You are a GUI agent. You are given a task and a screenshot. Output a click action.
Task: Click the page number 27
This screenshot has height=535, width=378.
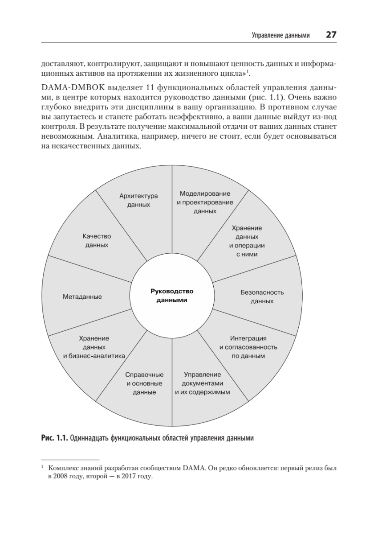331,35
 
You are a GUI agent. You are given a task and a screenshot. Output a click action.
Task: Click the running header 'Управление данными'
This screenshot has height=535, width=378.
280,35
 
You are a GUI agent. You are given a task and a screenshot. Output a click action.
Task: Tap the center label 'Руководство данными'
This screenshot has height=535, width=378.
172,296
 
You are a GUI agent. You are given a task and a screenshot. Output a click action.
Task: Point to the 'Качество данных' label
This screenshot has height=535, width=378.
97,241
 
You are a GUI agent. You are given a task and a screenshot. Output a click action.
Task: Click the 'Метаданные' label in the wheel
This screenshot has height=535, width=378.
82,296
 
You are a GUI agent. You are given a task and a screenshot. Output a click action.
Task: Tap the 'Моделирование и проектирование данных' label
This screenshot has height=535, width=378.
205,202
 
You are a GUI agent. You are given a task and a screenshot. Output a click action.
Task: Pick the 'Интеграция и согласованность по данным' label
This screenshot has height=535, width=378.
248,347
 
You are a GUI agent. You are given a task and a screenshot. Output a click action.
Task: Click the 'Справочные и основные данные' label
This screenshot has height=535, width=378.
144,383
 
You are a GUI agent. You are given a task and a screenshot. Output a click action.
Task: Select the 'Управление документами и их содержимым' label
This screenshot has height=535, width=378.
202,383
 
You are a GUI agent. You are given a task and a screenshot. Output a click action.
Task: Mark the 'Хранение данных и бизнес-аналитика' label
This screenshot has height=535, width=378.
94,347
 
